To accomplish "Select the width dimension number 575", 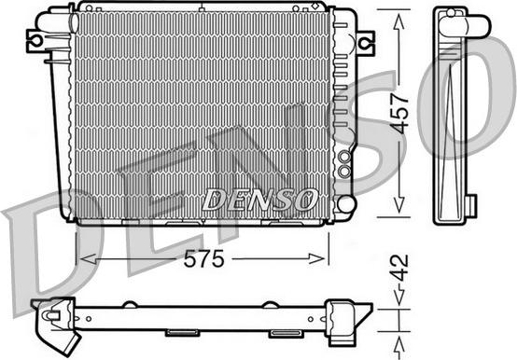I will coord(204,260).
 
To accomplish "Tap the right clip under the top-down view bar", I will coord(282,332).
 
